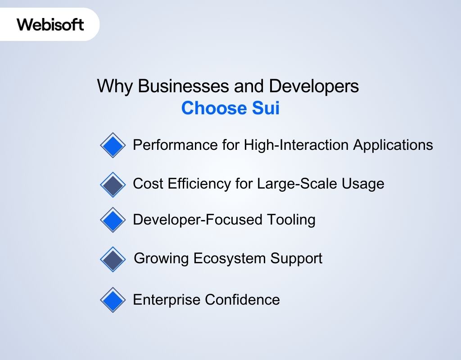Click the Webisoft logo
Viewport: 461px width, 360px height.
pyautogui.click(x=50, y=24)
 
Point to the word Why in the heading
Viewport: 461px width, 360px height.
pyautogui.click(x=115, y=86)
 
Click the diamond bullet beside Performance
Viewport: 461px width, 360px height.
pyautogui.click(x=113, y=145)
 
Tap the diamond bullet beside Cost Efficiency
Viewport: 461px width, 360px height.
pyautogui.click(x=113, y=184)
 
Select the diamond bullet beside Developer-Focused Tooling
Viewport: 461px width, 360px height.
pyautogui.click(x=113, y=220)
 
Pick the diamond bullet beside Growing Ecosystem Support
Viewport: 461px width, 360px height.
pyautogui.click(x=113, y=259)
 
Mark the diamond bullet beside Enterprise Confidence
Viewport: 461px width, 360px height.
pyautogui.click(x=113, y=300)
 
